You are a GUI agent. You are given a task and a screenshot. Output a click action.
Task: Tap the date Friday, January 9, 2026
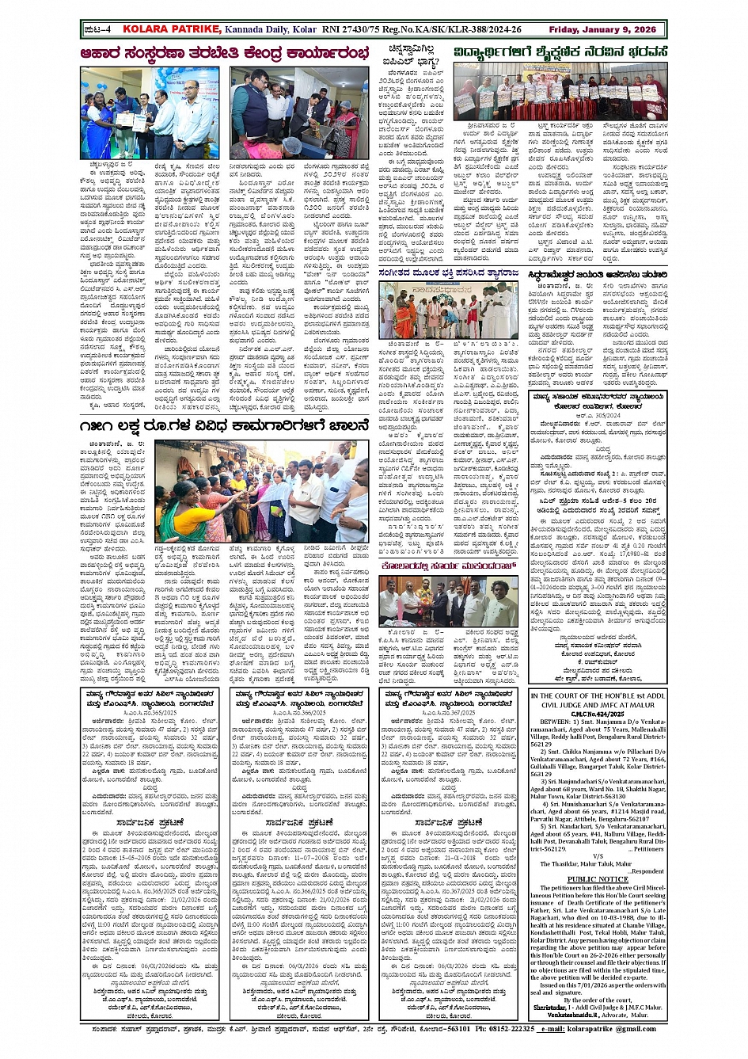pyautogui.click(x=602, y=29)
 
